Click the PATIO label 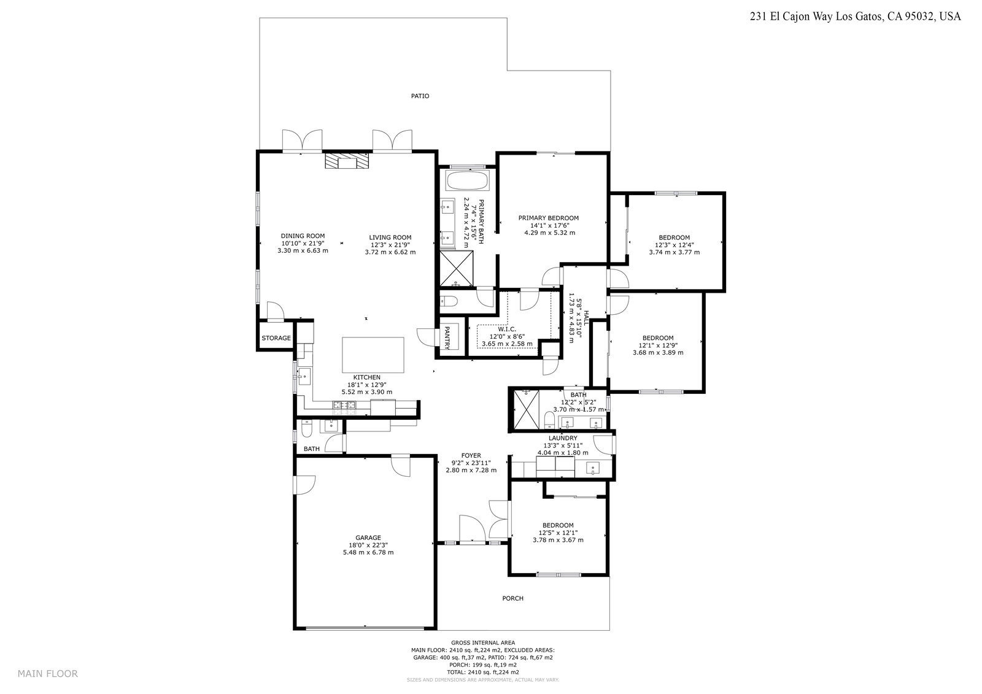[x=420, y=96]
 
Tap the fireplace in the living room [x=346, y=160]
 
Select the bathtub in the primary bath [x=466, y=180]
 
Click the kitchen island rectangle [x=373, y=355]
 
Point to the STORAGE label [x=276, y=338]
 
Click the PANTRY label [x=447, y=337]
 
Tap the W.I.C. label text [x=507, y=330]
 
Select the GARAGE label [x=368, y=538]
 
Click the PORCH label [x=512, y=598]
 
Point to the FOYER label [x=471, y=455]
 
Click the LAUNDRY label [x=563, y=438]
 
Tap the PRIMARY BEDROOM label [x=549, y=218]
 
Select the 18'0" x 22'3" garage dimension [x=368, y=545]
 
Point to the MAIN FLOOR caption [x=47, y=673]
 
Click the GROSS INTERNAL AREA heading [x=482, y=642]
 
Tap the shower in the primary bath [x=457, y=268]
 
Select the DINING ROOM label [x=303, y=236]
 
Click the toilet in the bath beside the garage [x=306, y=430]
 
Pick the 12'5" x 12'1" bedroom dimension [x=558, y=533]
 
